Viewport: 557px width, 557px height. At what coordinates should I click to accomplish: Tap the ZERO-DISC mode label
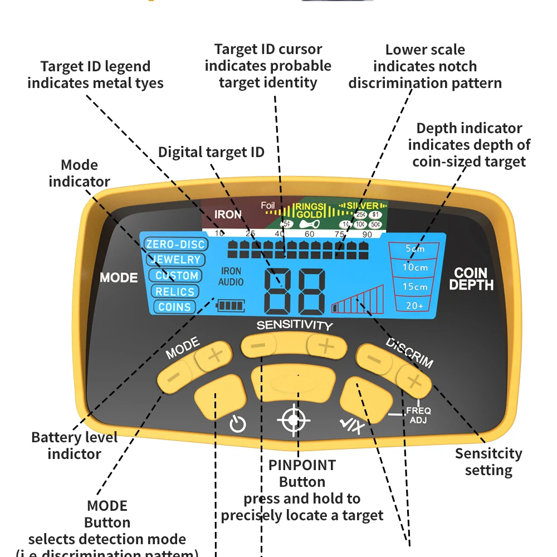click(x=175, y=244)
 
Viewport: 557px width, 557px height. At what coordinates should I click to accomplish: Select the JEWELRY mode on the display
click(x=175, y=260)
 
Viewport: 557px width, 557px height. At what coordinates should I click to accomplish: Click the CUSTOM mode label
click(x=177, y=275)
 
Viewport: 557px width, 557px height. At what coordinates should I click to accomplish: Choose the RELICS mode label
click(x=175, y=291)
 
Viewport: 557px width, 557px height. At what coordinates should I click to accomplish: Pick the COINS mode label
click(x=174, y=307)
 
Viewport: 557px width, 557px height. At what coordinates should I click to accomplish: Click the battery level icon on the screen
click(x=231, y=305)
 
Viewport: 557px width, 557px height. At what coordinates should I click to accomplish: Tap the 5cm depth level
click(x=415, y=249)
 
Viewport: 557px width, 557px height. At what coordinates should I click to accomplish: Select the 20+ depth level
click(x=415, y=305)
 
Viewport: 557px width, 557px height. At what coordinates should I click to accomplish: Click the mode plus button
click(x=214, y=355)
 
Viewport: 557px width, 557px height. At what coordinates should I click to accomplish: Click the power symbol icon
click(x=238, y=425)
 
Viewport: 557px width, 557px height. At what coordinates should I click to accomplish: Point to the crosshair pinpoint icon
click(x=294, y=421)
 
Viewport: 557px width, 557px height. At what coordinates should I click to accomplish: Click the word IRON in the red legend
click(x=228, y=214)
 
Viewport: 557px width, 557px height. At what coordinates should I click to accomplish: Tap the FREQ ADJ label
click(x=418, y=416)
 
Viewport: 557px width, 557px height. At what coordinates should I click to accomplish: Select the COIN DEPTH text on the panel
click(x=471, y=279)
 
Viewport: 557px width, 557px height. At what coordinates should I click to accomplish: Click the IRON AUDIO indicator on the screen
click(x=231, y=277)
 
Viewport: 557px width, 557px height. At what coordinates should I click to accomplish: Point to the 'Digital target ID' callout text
click(x=211, y=152)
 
